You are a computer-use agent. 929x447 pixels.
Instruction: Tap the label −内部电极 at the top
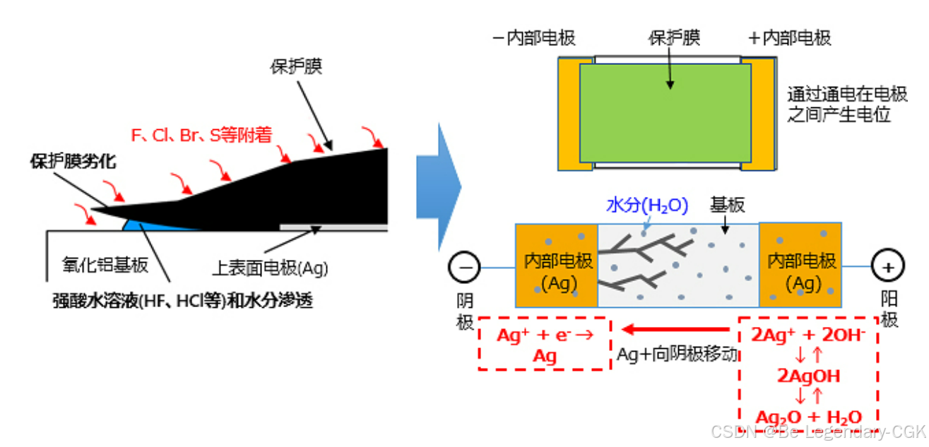pos(534,38)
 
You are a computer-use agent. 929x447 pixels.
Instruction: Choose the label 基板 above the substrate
pos(728,205)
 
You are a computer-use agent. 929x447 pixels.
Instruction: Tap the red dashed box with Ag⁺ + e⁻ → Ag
pos(545,345)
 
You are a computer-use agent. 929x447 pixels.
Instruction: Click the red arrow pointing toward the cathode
pos(675,330)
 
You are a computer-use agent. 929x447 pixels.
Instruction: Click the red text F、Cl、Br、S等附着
pos(202,135)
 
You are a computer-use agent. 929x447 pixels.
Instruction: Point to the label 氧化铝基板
pos(105,265)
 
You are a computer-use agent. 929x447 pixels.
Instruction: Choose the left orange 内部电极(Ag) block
pos(557,266)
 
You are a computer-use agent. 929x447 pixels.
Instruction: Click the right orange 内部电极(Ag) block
pos(800,266)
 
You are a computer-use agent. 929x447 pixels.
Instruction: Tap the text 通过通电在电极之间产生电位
pos(839,104)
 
